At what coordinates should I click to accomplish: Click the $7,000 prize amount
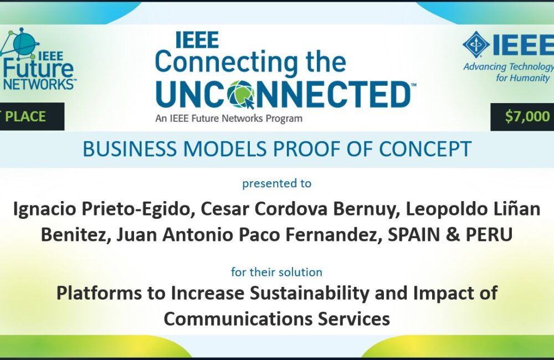pyautogui.click(x=527, y=116)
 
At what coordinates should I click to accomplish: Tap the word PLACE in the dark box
pyautogui.click(x=25, y=117)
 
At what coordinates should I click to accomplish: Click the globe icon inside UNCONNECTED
pyautogui.click(x=242, y=94)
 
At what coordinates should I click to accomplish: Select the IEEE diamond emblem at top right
pyautogui.click(x=476, y=44)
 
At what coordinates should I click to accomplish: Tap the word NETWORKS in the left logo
pyautogui.click(x=39, y=84)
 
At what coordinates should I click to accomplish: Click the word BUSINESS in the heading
pyautogui.click(x=129, y=149)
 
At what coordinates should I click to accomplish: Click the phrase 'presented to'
pyautogui.click(x=276, y=183)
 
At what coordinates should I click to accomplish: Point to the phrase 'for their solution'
pyautogui.click(x=276, y=272)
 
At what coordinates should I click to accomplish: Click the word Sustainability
pyautogui.click(x=309, y=293)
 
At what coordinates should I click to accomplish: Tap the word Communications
pyautogui.click(x=238, y=318)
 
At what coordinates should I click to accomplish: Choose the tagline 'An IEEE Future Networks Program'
pyautogui.click(x=229, y=119)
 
